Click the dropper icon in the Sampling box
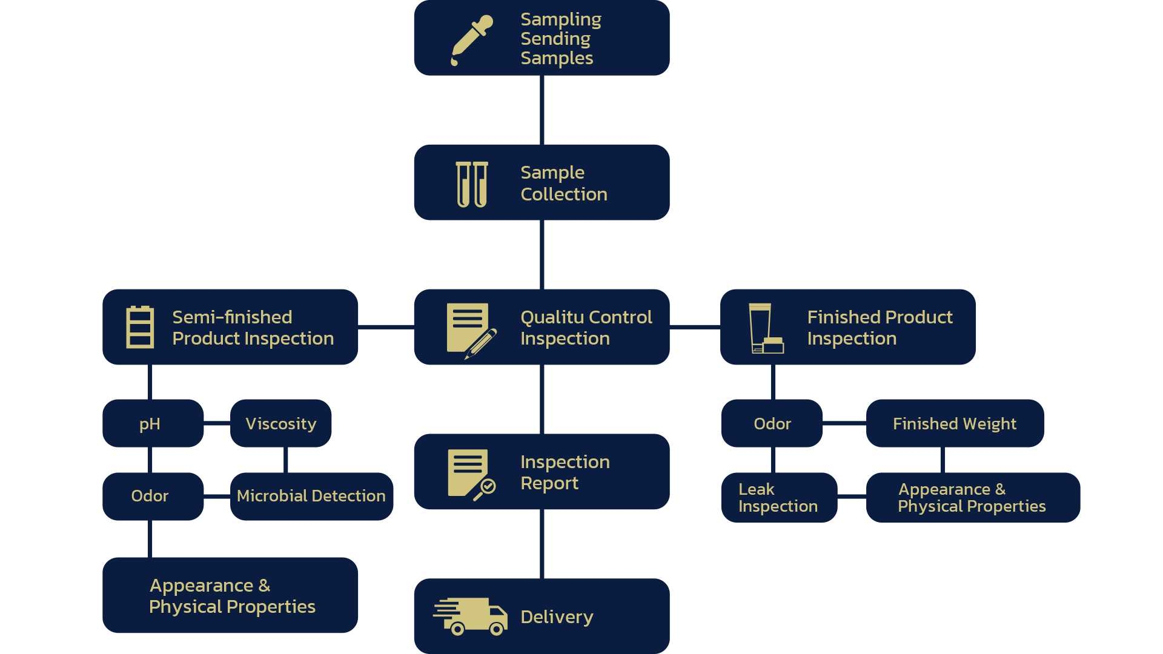(x=471, y=40)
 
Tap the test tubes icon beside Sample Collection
(x=472, y=184)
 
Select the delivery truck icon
(x=471, y=616)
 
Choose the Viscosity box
(x=280, y=423)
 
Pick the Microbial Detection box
(x=311, y=496)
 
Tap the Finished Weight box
(x=955, y=423)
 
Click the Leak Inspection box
(x=779, y=497)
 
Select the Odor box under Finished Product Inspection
(x=772, y=423)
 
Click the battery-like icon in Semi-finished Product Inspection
(x=140, y=327)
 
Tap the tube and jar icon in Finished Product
(x=766, y=328)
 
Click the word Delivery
(x=557, y=616)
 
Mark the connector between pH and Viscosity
(x=217, y=423)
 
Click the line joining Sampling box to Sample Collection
(x=542, y=110)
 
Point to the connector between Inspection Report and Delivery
(x=542, y=543)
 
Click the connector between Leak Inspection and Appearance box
(x=852, y=497)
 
